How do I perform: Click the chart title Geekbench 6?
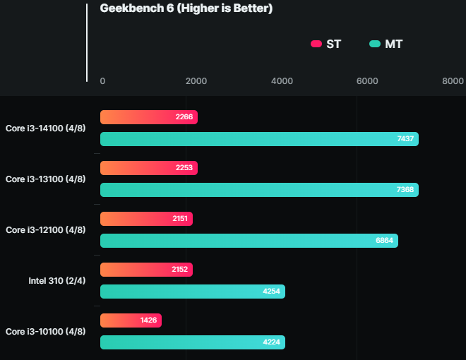186,9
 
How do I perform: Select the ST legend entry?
326,44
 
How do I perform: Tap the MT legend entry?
386,44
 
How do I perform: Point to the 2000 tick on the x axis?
196,81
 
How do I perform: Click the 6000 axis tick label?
367,81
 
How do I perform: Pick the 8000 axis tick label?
453,81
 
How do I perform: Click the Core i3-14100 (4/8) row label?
46,128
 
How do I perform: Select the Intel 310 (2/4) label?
56,280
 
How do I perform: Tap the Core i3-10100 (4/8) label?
46,331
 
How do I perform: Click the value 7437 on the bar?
405,139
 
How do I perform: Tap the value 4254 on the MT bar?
272,292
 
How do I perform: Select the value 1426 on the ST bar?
148,320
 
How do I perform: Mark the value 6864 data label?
385,241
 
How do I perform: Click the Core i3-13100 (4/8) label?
46,179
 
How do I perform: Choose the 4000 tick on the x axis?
282,81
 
